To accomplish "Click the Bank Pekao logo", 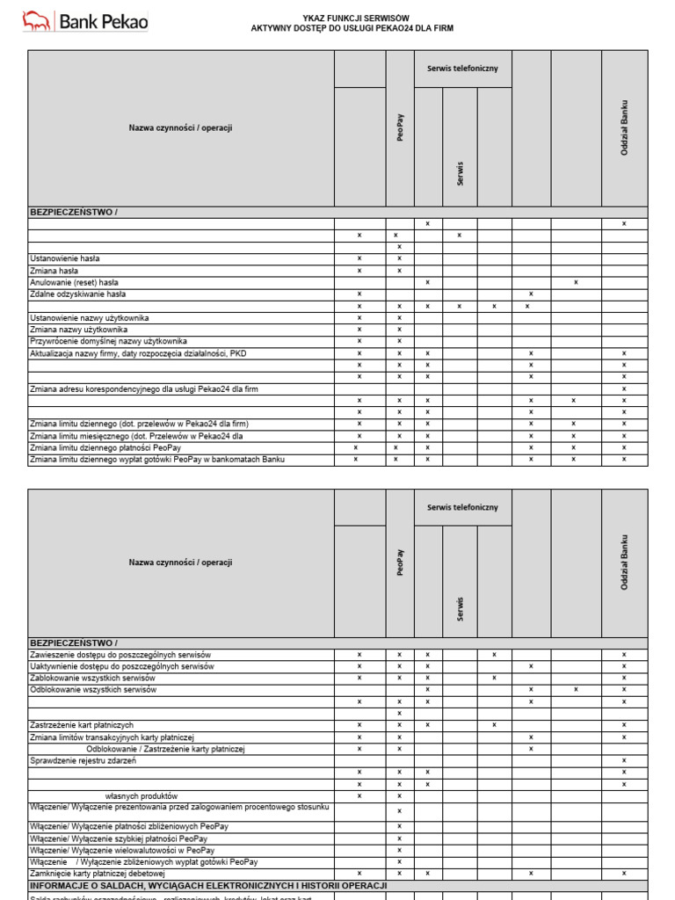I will click(84, 20).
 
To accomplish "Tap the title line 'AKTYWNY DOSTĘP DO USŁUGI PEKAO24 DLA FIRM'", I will click(352, 28).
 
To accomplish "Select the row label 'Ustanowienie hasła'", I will click(65, 258).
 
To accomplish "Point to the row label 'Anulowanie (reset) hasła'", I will click(74, 282).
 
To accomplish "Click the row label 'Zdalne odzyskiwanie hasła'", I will click(78, 294).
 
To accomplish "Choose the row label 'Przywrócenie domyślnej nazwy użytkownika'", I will click(108, 341).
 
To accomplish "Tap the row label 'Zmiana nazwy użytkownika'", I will click(78, 330).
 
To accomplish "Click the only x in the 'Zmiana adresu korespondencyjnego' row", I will click(624, 388).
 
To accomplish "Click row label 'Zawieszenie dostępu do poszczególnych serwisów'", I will click(121, 655).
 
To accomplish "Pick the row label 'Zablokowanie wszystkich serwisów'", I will click(92, 679).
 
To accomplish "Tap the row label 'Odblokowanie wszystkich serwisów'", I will click(93, 690).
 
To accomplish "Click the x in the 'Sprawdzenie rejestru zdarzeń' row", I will click(624, 760).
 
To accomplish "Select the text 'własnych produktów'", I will click(142, 795).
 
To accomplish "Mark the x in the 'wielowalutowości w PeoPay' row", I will click(399, 850).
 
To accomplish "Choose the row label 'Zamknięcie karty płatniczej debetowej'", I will click(98, 874).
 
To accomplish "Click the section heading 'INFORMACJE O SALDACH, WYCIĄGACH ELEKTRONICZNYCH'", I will click(208, 886).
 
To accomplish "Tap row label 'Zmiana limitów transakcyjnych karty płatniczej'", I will click(112, 737).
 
